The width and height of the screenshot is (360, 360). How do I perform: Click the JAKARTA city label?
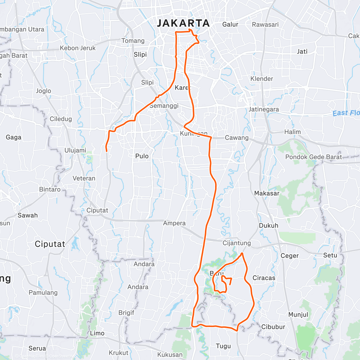[x=183, y=23]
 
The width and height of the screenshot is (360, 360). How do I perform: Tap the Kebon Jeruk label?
[x=78, y=48]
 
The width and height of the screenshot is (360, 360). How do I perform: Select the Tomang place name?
[x=133, y=41]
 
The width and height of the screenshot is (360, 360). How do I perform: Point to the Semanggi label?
[x=164, y=106]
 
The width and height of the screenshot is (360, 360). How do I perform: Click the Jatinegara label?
[x=264, y=109]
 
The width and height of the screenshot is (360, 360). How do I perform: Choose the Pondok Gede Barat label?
[x=313, y=157]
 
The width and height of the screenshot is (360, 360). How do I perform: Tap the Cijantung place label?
[x=237, y=243]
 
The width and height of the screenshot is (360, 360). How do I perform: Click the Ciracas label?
[x=264, y=278]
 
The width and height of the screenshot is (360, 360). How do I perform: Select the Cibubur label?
[x=273, y=327]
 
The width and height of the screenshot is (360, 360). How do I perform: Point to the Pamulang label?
[x=43, y=292]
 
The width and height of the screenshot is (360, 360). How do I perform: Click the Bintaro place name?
[x=50, y=189]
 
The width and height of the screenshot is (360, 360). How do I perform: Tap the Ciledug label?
[x=61, y=119]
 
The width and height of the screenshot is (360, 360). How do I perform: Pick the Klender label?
[x=262, y=79]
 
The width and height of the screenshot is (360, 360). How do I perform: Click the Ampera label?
[x=174, y=223]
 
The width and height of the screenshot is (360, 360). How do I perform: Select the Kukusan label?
[x=170, y=355]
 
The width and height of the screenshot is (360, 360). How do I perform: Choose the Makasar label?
[x=267, y=193]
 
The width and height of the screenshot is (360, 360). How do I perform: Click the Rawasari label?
[x=265, y=25]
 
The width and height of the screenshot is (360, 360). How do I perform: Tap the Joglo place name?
[x=43, y=91]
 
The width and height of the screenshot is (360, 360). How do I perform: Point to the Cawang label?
[x=237, y=138]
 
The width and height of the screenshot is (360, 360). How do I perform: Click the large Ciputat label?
[x=50, y=244]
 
